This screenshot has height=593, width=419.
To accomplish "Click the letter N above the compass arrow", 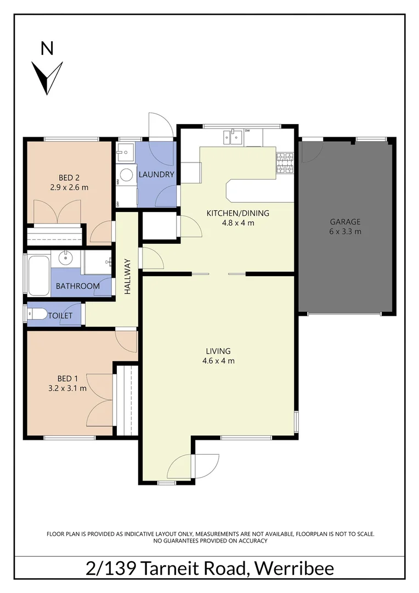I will pos(48,49).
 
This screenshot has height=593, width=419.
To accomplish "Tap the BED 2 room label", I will pos(69,177).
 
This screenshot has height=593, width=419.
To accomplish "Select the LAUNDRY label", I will pos(156,175).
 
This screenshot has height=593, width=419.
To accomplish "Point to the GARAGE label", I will pos(345,222).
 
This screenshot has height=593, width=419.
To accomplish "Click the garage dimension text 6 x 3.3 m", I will pos(345,232).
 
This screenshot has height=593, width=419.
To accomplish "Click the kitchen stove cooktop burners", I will pos(285,163).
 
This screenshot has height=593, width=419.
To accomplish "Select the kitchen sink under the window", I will pos(233,136).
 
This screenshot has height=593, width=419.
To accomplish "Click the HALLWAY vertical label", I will pos(128,277).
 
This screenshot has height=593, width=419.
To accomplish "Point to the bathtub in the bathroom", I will pos(39,275).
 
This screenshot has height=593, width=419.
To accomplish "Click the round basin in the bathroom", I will pos(66,257).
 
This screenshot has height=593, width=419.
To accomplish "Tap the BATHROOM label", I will pos(77,286).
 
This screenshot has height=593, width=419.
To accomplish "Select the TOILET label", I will pos(60,316).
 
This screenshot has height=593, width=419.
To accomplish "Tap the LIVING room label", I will pos(218,351).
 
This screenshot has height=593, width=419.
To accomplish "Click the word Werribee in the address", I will pos(293,568).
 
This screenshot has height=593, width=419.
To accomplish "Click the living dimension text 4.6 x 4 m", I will pos(218,361).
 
